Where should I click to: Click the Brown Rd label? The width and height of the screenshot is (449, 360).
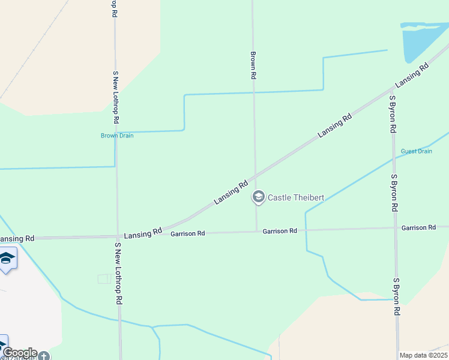click(x=253, y=65)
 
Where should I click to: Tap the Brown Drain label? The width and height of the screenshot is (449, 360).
click(x=117, y=136)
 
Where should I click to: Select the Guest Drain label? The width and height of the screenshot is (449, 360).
click(x=416, y=151)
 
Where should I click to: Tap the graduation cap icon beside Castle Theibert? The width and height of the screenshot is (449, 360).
click(x=259, y=197)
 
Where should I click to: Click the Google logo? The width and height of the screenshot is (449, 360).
click(x=20, y=353)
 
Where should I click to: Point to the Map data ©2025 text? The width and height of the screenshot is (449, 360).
click(x=423, y=355)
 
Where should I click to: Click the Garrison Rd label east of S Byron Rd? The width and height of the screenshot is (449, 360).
click(x=418, y=228)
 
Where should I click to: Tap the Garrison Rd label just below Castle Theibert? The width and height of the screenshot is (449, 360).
click(x=280, y=231)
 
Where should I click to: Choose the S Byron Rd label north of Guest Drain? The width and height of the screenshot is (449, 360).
click(x=392, y=113)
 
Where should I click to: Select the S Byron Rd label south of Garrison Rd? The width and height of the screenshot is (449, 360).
click(x=396, y=296)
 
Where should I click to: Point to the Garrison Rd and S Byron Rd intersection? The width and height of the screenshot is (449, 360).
click(x=395, y=228)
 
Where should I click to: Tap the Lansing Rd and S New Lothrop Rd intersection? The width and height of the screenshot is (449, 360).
click(x=118, y=237)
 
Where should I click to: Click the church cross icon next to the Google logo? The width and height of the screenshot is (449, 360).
click(x=44, y=356)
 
